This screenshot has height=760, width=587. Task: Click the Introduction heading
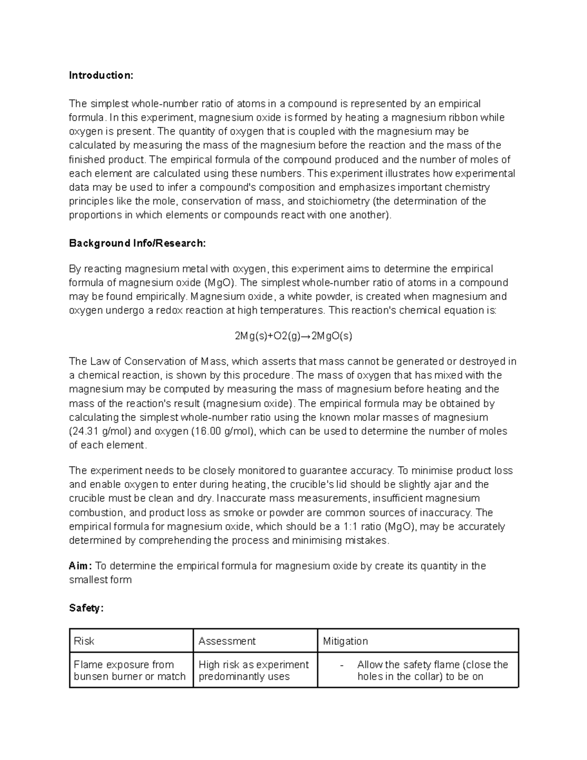pos(101,75)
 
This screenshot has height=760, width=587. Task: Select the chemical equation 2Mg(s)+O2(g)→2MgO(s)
pos(293,336)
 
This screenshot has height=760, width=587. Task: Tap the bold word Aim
pos(79,566)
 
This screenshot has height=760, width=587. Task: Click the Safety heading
pos(86,608)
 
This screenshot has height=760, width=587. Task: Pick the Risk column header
pos(84,641)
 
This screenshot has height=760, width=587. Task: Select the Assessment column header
pos(227,641)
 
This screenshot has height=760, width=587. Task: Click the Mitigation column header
pos(345,641)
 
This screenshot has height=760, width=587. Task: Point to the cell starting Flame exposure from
pos(130,670)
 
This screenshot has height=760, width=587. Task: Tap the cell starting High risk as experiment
pos(253,670)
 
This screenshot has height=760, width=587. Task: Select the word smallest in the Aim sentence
pos(87,580)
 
